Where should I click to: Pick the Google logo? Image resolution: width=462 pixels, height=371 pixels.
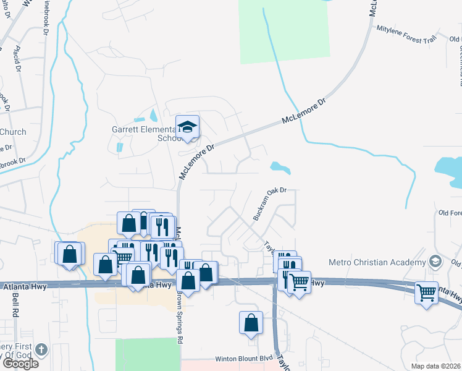pos(20,364)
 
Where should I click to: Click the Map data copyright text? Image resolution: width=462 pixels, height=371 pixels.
pos(435,366)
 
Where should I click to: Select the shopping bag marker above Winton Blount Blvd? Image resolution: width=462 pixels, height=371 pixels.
pos(250,322)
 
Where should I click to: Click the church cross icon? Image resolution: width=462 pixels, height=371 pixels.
pos(41,350)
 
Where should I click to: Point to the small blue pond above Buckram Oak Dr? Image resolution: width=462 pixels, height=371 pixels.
pos(280,167)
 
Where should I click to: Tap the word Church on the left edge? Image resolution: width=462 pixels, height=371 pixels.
pos(12,132)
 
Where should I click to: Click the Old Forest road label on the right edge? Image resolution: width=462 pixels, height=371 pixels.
pos(449,213)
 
